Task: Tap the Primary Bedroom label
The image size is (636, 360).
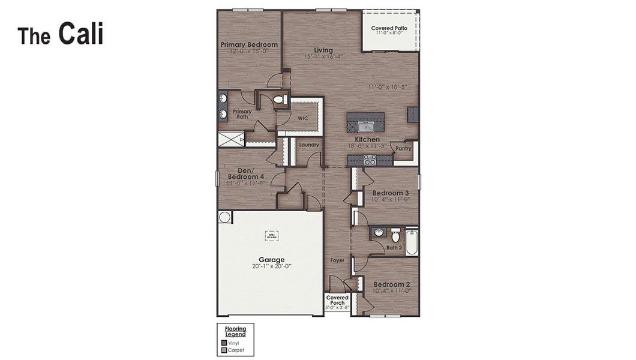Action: point(249,44)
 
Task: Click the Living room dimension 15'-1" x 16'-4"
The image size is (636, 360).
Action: point(323,57)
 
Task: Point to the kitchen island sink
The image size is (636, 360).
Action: point(365,127)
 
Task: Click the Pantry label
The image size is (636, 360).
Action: point(403,148)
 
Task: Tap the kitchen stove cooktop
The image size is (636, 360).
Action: point(370,160)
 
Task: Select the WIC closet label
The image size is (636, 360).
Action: point(303,118)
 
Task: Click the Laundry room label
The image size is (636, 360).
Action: point(308,145)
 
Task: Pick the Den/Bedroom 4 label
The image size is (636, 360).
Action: point(246,174)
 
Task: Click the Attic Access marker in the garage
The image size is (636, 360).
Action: point(272,236)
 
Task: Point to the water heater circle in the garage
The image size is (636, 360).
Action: point(224,217)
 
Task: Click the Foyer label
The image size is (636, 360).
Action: point(337,260)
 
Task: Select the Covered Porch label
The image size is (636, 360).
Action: point(337,298)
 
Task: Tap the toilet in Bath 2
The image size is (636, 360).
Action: point(395,235)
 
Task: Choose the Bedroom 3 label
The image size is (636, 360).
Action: point(391,193)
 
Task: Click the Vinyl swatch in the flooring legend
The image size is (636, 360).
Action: point(224,343)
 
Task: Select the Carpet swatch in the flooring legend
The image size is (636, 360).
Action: point(224,349)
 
